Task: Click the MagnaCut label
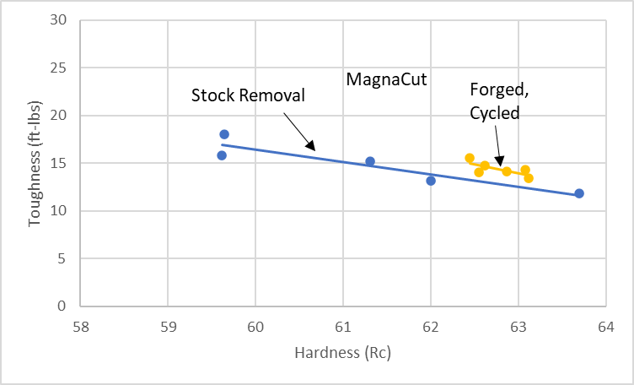point(388,80)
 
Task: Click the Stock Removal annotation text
point(248,95)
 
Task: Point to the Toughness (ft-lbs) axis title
point(35,164)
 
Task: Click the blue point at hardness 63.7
point(579,193)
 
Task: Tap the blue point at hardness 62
point(431,181)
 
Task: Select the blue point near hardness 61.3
point(369,161)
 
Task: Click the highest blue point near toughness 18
point(224,134)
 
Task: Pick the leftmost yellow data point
point(470,158)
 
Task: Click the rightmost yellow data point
point(529,178)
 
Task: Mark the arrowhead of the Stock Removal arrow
point(314,149)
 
